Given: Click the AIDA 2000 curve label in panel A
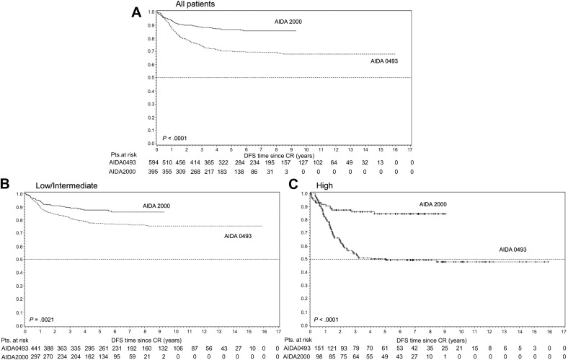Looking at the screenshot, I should [x=288, y=22].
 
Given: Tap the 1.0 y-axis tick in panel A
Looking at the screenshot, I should [x=150, y=12].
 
